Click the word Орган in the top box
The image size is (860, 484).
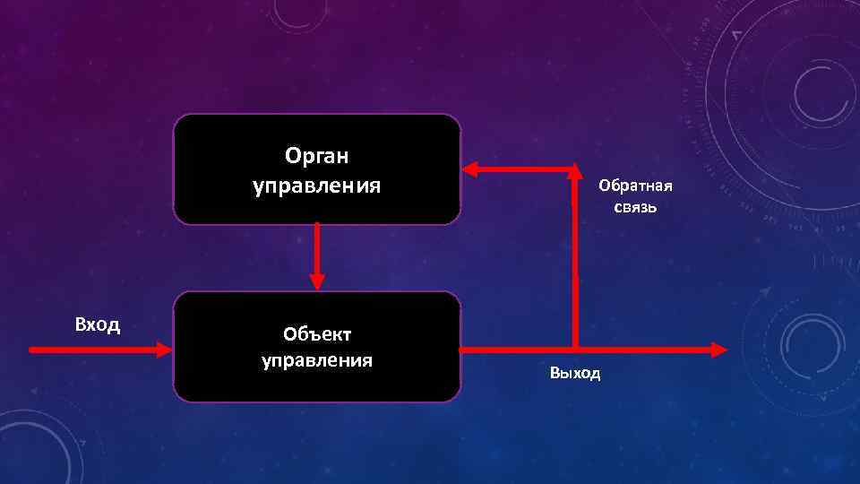[x=316, y=157]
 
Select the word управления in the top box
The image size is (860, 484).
[x=316, y=186]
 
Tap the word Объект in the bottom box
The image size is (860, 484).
[x=317, y=334]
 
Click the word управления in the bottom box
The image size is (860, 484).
[x=317, y=360]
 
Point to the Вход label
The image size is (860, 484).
[x=98, y=324]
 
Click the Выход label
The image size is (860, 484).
[x=575, y=372]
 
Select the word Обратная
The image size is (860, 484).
[x=635, y=186]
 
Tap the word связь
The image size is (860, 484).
[x=636, y=208]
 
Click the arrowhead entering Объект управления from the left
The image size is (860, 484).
[x=164, y=350]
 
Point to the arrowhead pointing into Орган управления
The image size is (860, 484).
[x=469, y=169]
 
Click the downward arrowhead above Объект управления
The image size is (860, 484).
[x=316, y=281]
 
